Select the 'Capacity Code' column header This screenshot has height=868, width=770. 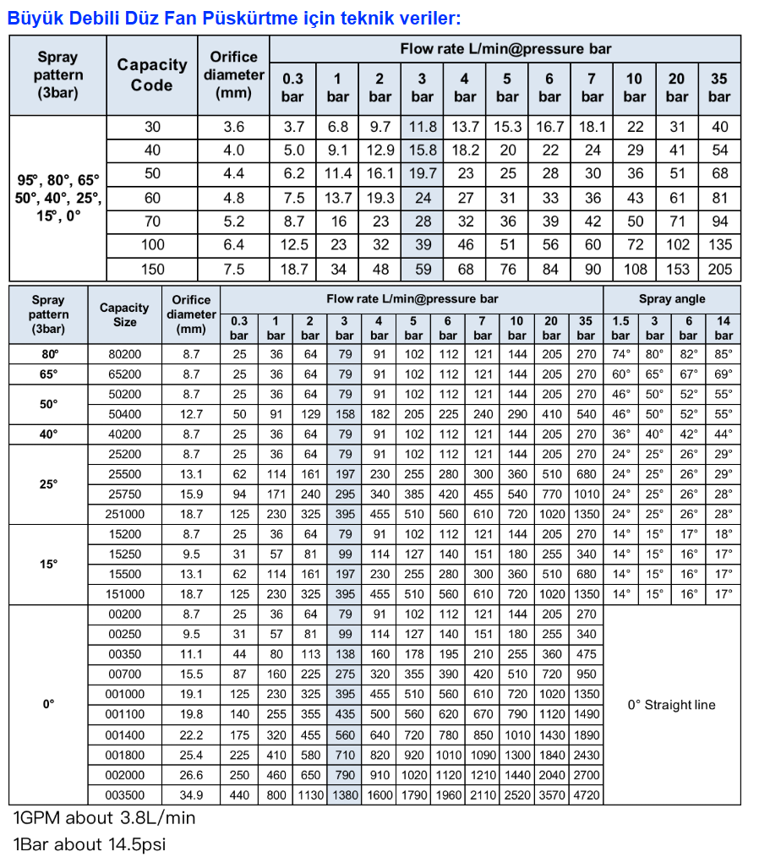152,75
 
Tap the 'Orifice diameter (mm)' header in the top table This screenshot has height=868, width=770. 233,75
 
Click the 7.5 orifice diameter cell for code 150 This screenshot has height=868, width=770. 233,270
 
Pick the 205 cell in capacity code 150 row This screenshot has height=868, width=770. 719,270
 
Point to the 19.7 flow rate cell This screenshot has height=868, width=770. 423,174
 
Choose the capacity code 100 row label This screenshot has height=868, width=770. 152,245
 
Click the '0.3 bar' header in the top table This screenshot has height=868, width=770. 292,88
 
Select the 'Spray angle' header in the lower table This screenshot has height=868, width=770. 672,299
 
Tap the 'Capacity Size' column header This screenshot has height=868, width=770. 124,314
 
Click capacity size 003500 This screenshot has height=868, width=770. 124,794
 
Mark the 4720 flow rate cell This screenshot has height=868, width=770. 586,794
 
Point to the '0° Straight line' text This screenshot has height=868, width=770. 672,705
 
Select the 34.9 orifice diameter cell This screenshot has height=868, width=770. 192,794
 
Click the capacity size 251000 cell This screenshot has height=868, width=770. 124,514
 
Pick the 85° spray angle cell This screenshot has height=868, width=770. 724,354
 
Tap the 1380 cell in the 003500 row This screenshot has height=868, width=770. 345,794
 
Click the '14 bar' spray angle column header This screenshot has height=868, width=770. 724,328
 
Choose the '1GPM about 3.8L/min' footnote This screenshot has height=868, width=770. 104,818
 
